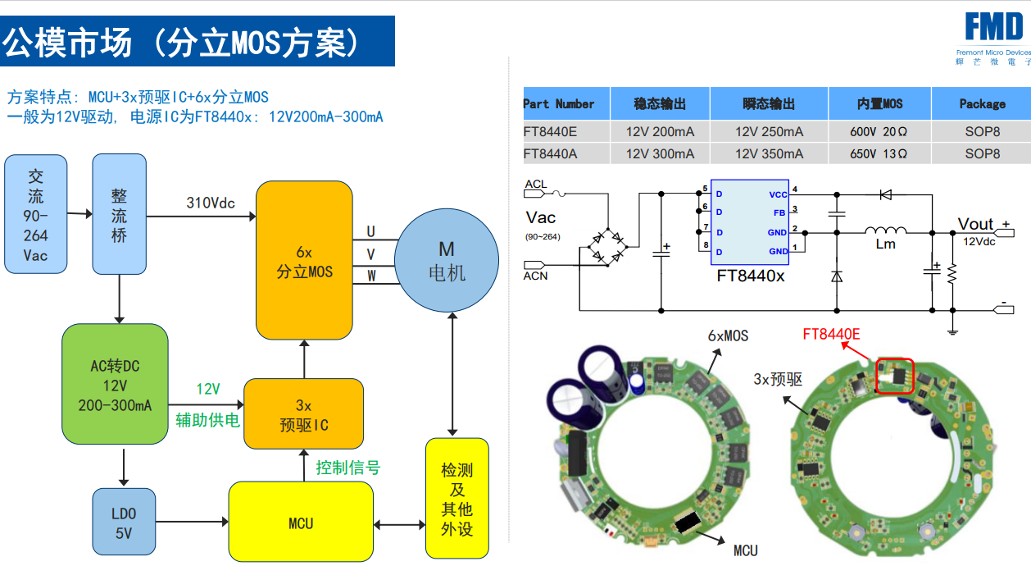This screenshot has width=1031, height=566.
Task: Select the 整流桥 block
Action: (x=119, y=214)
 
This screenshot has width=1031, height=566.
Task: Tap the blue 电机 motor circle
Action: (x=447, y=260)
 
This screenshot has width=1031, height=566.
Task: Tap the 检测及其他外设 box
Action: (x=456, y=499)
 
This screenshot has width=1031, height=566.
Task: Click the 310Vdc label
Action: (x=211, y=203)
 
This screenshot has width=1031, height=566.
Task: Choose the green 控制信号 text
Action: (x=348, y=468)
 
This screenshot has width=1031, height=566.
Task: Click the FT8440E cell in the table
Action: (x=550, y=131)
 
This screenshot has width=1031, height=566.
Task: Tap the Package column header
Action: (x=982, y=104)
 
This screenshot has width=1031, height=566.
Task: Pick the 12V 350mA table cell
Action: (x=769, y=153)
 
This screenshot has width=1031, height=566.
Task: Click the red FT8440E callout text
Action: (x=831, y=334)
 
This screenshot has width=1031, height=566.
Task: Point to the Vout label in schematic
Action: (x=976, y=224)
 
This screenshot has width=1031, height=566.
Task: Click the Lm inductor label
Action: (x=886, y=244)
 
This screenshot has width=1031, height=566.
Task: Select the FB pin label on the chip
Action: (x=779, y=212)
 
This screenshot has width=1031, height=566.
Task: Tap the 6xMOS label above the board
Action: (x=728, y=335)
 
